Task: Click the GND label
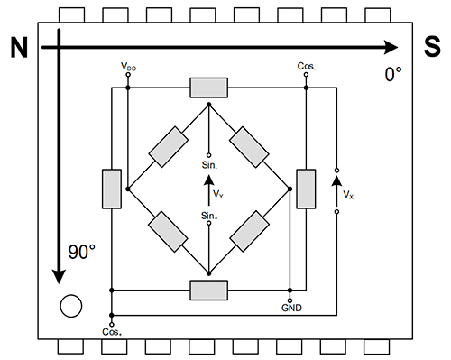(290, 308)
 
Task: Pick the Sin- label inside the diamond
(208, 164)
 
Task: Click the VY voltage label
(219, 191)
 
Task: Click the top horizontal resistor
(208, 88)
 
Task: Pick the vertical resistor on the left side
(111, 189)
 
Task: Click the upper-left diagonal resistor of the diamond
(168, 146)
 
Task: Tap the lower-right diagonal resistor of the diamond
(249, 231)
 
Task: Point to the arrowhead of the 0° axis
(390, 48)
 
